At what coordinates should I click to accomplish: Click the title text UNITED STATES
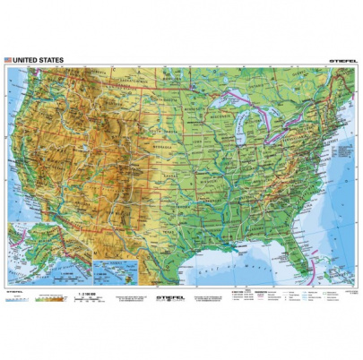(x=37, y=60)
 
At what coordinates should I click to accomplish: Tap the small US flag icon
(x=8, y=60)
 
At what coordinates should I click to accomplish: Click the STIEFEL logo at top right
(x=335, y=60)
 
